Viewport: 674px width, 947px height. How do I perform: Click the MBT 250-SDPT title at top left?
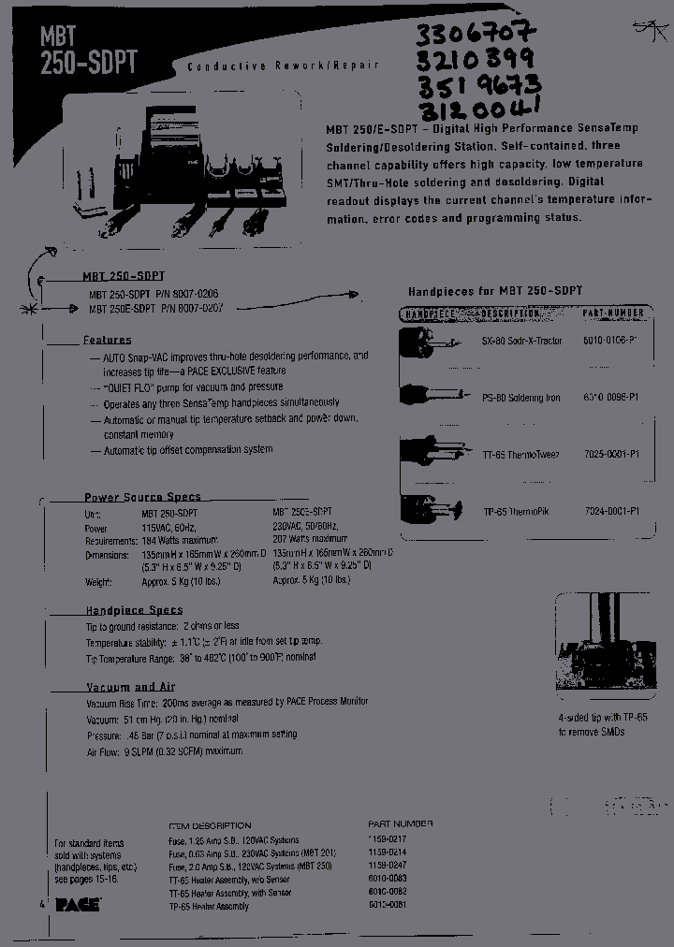pos(89,50)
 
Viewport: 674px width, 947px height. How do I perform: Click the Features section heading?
pos(107,340)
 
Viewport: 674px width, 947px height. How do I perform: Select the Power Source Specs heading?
pos(142,497)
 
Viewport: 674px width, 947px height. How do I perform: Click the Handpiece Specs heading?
pos(134,610)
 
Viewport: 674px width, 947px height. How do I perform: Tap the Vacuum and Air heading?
pos(130,687)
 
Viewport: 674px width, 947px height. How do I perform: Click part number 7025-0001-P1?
pos(612,454)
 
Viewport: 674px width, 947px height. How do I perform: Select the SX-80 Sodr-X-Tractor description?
pos(528,341)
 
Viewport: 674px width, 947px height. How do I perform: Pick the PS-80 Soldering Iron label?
pos(528,398)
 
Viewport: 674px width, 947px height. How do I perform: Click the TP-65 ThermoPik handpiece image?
pos(431,511)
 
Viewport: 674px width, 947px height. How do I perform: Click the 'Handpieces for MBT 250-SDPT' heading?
pos(495,291)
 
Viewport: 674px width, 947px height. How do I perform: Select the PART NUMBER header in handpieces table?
pos(612,313)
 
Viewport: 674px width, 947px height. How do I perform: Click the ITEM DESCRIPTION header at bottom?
pos(210,825)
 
